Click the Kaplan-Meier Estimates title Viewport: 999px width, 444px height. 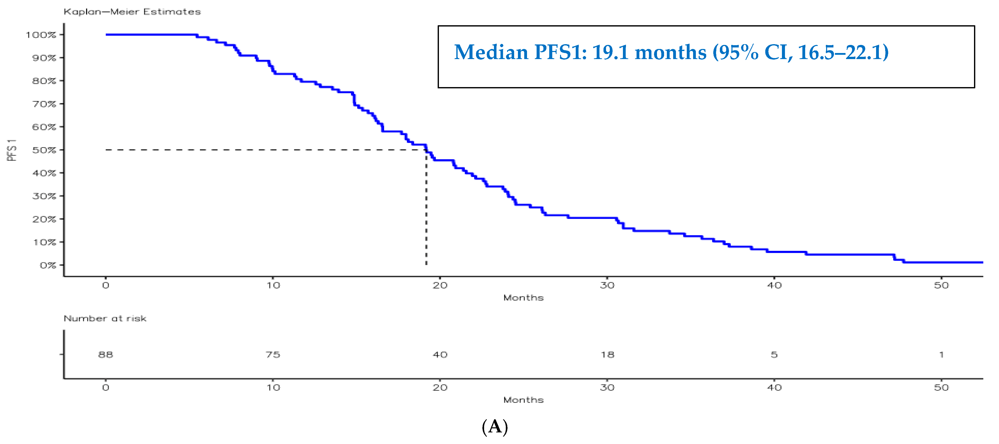pos(132,12)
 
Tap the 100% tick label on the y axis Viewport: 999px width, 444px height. pos(41,35)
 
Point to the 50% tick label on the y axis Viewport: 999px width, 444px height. pos(44,150)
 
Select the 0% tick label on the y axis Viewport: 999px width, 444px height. pos(48,265)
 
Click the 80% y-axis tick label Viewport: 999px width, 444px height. pos(44,81)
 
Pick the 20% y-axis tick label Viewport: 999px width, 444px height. pos(44,219)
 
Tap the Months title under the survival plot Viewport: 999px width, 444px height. pos(523,298)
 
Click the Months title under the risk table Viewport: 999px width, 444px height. pos(523,400)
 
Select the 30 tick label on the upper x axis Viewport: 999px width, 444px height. pos(607,285)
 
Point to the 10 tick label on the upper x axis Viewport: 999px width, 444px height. pos(273,285)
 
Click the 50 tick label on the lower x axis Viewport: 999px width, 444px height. pos(941,387)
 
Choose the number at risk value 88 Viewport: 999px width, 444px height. pos(106,354)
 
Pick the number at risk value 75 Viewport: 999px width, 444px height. pos(273,354)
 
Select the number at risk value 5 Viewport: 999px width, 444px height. pos(774,354)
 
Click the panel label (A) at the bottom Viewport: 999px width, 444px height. pos(495,427)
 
